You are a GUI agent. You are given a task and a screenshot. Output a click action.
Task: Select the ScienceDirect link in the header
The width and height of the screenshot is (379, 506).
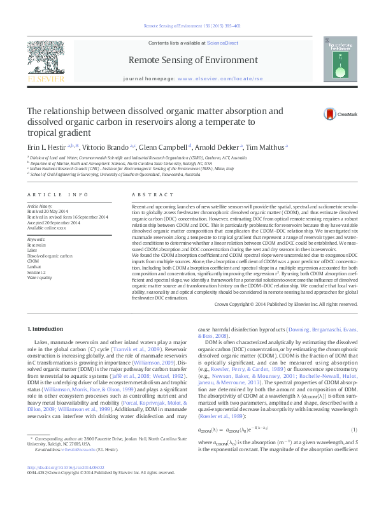tap(223, 43)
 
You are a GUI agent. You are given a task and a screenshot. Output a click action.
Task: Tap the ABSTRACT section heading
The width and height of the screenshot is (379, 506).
tap(145, 194)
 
